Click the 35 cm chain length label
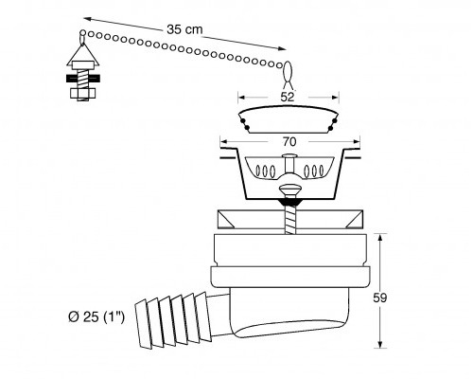[x=184, y=29]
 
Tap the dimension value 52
[x=288, y=97]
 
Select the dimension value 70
[x=289, y=142]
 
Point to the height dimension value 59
[x=380, y=298]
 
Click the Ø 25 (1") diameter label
[x=96, y=316]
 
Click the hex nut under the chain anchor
[x=83, y=94]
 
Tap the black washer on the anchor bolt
[x=83, y=79]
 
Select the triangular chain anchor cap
[x=83, y=54]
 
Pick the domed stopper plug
[x=289, y=120]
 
